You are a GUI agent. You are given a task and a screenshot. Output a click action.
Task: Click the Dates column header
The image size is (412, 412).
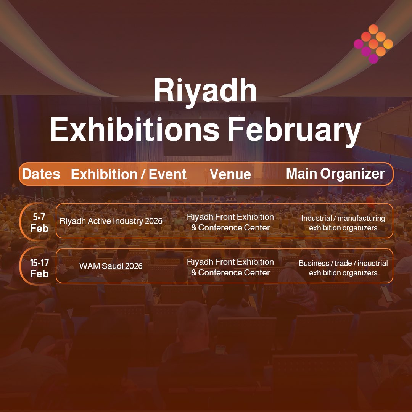click(41, 174)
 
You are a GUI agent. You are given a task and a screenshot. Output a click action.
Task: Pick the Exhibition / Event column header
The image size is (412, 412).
click(129, 174)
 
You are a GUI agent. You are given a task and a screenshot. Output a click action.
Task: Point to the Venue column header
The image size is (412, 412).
click(230, 174)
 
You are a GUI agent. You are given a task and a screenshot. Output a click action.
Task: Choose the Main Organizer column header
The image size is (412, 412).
click(335, 174)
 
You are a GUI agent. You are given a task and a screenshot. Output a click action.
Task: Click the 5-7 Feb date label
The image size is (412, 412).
click(39, 223)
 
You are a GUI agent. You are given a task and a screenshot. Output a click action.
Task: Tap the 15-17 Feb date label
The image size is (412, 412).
click(39, 268)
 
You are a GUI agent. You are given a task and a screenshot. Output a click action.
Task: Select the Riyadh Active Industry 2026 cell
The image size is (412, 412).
click(111, 221)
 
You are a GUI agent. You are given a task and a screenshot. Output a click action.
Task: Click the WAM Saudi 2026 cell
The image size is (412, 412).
click(111, 266)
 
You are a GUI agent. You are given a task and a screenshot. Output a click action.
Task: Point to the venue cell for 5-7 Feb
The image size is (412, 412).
click(230, 222)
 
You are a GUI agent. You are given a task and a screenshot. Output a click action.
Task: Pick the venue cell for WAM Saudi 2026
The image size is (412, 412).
click(230, 267)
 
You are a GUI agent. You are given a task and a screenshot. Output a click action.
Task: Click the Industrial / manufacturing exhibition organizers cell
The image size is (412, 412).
click(343, 223)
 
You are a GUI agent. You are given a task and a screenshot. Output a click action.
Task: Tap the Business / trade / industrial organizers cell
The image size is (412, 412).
click(343, 268)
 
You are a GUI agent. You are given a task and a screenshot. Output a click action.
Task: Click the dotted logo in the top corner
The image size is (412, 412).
click(373, 44)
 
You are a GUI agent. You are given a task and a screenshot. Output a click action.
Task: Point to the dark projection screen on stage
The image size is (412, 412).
click(197, 147)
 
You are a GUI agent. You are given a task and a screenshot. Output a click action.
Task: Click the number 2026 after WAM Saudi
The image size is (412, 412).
click(134, 266)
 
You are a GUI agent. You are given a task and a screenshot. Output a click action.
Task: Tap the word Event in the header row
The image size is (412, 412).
click(167, 174)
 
